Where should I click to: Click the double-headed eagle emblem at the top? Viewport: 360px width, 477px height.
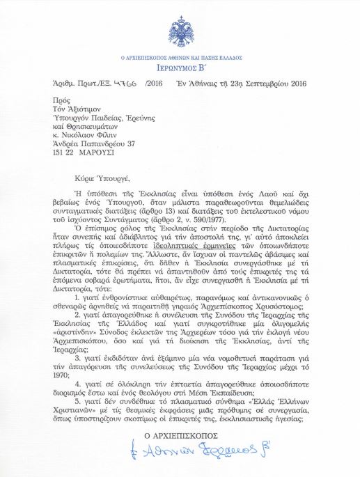click(x=180, y=29)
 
